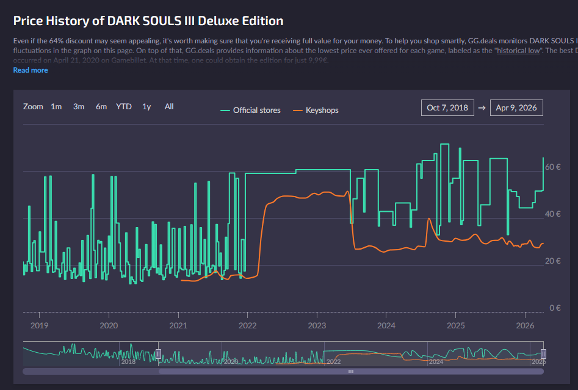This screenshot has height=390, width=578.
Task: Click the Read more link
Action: pyautogui.click(x=31, y=70)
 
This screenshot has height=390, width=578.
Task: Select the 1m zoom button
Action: pyautogui.click(x=56, y=107)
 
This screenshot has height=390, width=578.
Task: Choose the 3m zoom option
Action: pyautogui.click(x=79, y=107)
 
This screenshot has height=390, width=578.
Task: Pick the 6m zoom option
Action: pyautogui.click(x=101, y=107)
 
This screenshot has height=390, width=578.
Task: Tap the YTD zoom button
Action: pyautogui.click(x=124, y=107)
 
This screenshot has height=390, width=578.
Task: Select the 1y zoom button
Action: pyautogui.click(x=146, y=107)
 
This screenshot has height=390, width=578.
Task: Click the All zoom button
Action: pyautogui.click(x=169, y=107)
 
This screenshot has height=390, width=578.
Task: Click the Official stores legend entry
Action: pyautogui.click(x=251, y=110)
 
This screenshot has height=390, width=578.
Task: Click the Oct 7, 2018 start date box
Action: pyautogui.click(x=447, y=108)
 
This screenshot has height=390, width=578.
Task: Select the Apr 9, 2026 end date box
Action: pyautogui.click(x=516, y=108)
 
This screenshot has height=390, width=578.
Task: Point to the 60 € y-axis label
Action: pyautogui.click(x=552, y=167)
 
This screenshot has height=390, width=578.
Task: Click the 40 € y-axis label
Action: pyautogui.click(x=552, y=214)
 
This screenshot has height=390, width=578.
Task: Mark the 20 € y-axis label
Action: pyautogui.click(x=552, y=261)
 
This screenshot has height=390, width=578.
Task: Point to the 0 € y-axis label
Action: pyautogui.click(x=554, y=308)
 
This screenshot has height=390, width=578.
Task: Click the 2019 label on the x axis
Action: pyautogui.click(x=39, y=326)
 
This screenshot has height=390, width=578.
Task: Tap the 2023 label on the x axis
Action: pyautogui.click(x=317, y=326)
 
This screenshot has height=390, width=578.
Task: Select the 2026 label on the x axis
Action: pyautogui.click(x=525, y=326)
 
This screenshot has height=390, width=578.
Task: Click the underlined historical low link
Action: pyautogui.click(x=518, y=51)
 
